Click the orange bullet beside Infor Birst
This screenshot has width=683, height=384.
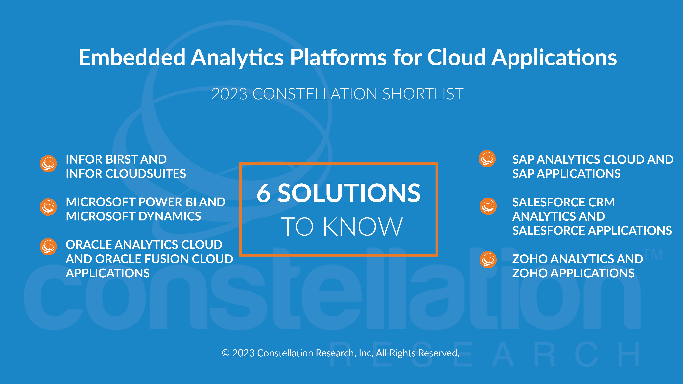[x=48, y=164]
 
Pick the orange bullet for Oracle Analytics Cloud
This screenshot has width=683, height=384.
[x=48, y=247]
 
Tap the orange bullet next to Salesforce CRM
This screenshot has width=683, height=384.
[x=488, y=206]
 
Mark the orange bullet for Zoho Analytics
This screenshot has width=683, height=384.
[x=488, y=260]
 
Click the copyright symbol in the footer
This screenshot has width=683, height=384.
[x=226, y=353]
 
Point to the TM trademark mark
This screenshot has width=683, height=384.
[x=654, y=254]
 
